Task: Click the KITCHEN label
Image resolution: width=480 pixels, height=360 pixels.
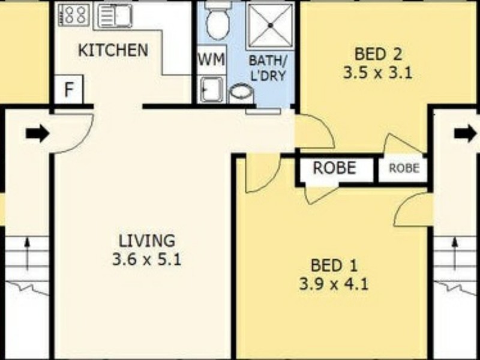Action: (113, 50)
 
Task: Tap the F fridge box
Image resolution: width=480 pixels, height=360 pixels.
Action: (69, 91)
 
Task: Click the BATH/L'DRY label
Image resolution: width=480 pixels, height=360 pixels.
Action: (268, 68)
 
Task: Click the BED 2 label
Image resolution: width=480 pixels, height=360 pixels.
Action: (378, 55)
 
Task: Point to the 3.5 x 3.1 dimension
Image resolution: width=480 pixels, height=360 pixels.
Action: (378, 74)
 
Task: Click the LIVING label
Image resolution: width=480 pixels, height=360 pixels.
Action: (147, 241)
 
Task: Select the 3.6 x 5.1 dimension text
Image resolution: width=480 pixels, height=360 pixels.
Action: (147, 260)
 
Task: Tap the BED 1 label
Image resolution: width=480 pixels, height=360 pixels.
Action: (334, 265)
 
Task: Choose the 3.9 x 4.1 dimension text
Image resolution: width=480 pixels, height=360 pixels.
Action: (334, 284)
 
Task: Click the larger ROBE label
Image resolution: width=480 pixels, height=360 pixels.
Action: (334, 168)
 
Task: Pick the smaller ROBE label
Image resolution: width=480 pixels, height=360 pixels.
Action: (404, 169)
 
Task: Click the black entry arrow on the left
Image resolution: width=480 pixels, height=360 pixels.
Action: (37, 134)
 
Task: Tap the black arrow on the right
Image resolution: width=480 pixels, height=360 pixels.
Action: (465, 134)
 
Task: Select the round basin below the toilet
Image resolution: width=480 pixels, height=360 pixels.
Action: (241, 92)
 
